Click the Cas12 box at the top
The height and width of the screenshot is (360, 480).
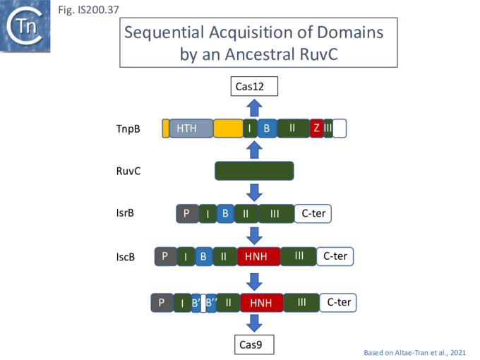pyautogui.click(x=254, y=87)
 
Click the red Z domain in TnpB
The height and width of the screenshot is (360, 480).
pyautogui.click(x=317, y=128)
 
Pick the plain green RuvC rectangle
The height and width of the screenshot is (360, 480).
pyautogui.click(x=254, y=171)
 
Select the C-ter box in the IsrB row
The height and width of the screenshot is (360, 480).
pyautogui.click(x=313, y=213)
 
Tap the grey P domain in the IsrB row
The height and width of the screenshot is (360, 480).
pyautogui.click(x=186, y=213)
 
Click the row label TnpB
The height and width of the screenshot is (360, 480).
pyautogui.click(x=128, y=129)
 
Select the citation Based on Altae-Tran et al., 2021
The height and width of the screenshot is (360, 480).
pyautogui.click(x=414, y=352)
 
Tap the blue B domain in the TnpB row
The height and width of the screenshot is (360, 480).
pyautogui.click(x=267, y=128)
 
